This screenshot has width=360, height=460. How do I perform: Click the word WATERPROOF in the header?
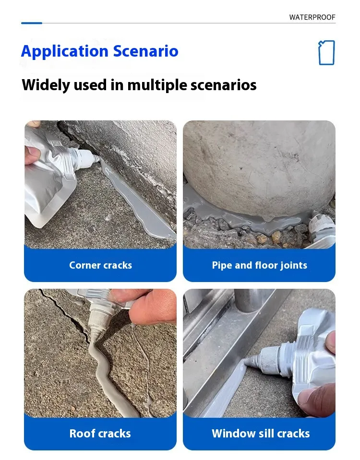[312, 17]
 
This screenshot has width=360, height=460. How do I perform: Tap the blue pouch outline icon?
[326, 52]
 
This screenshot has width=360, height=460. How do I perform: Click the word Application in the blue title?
[65, 52]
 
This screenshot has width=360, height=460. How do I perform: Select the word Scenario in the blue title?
[146, 51]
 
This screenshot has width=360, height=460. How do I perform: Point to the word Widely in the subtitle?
[46, 85]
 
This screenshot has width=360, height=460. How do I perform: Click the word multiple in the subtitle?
[157, 85]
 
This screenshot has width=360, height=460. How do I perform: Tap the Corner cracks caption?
[100, 265]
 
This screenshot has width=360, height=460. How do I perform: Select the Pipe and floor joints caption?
[260, 265]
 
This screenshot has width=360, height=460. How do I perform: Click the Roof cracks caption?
[100, 434]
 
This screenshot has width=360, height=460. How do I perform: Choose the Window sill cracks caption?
[261, 434]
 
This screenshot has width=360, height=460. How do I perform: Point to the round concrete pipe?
[260, 170]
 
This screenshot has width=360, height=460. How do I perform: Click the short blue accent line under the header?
[32, 23]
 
